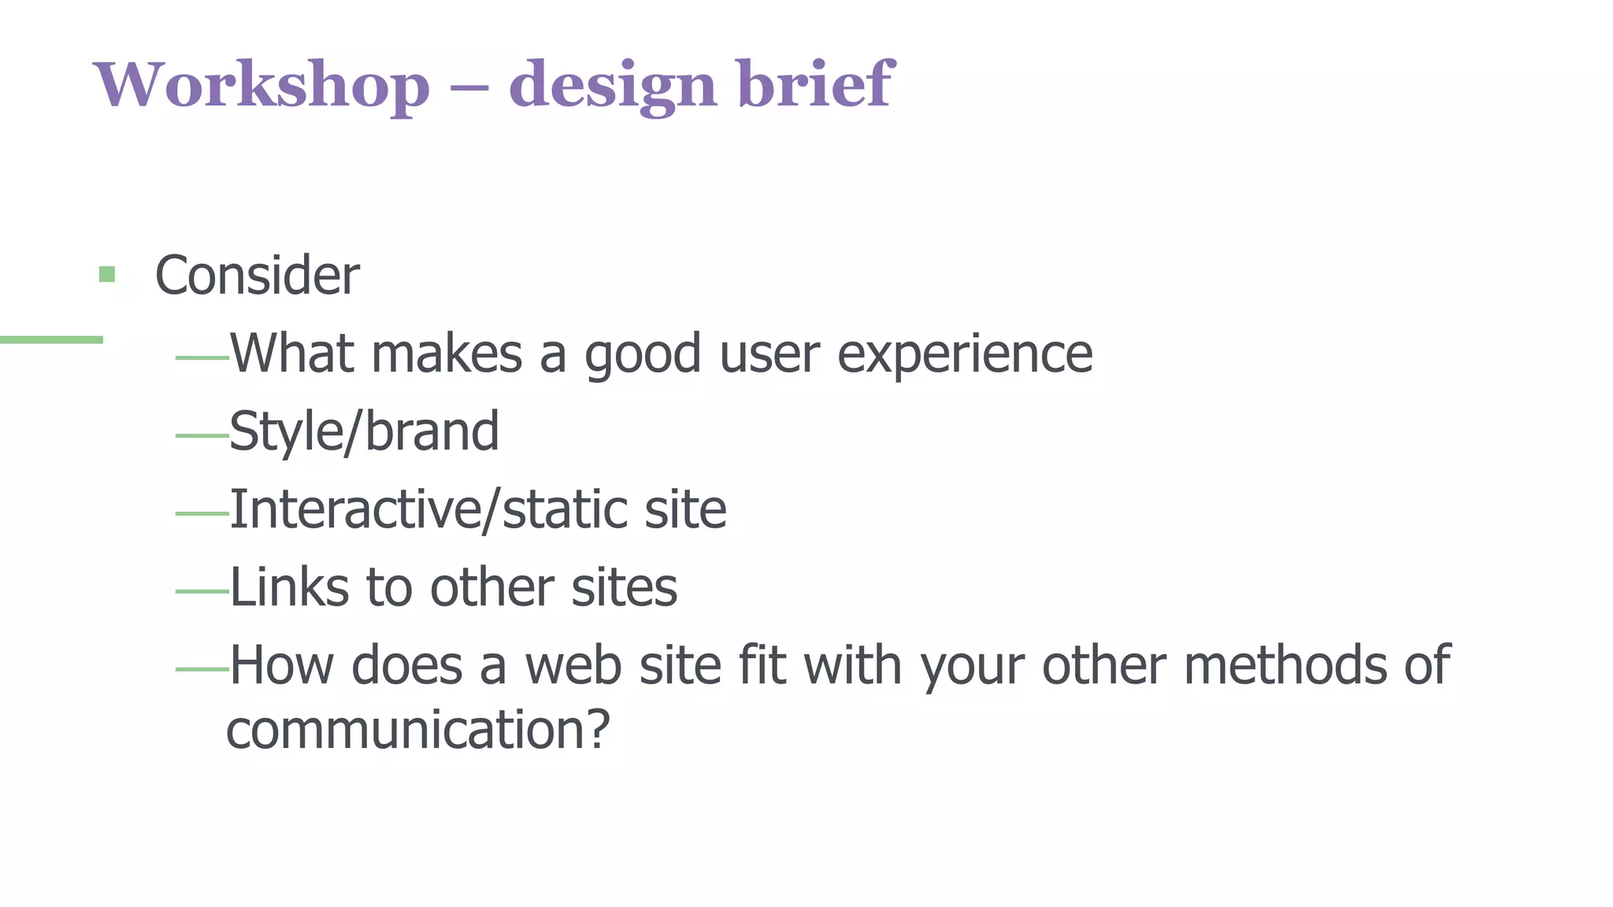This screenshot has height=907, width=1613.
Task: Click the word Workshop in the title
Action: coord(262,84)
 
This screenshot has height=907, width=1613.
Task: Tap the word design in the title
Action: coord(613,84)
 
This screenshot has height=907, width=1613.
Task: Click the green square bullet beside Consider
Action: coord(107,275)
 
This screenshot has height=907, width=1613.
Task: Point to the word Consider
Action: coord(257,275)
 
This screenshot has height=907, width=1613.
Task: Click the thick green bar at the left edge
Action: coord(51,339)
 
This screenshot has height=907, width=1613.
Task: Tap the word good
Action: coord(642,354)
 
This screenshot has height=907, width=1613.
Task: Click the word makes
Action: coord(447,354)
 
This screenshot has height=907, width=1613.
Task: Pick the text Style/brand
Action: coord(364,431)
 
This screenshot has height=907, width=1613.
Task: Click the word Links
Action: coord(289,587)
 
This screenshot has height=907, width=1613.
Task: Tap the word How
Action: coord(281,665)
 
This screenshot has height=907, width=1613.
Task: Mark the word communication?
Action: coord(418,729)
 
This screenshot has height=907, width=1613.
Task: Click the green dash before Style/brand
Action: coord(202,435)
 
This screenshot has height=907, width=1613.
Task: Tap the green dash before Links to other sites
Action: coord(202,591)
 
